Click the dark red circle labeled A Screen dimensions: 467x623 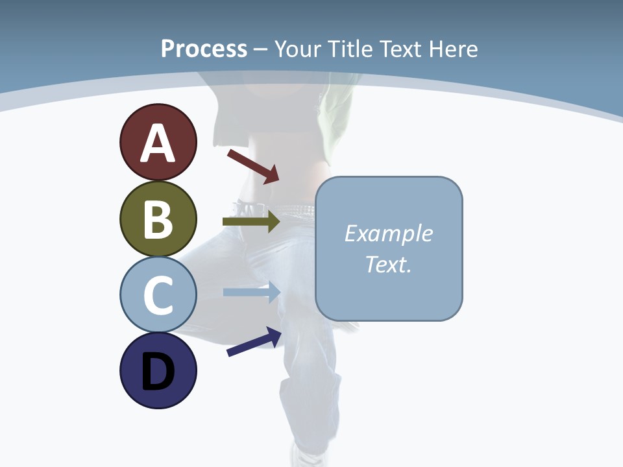click(158, 142)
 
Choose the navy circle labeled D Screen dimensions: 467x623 click(158, 370)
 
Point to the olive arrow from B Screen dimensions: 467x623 click(250, 221)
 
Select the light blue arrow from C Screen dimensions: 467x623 click(251, 292)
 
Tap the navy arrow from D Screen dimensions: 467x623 click(254, 342)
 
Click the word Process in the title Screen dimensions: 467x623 click(204, 49)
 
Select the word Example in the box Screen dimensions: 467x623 click(388, 233)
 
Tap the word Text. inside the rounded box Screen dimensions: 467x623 click(388, 264)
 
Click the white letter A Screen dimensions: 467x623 click(158, 143)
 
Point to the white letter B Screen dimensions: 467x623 click(158, 219)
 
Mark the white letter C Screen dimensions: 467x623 click(158, 295)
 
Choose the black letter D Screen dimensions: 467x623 click(158, 372)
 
